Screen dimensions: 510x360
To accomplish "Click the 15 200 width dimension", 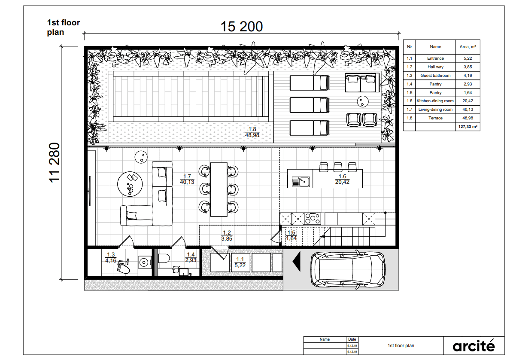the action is [x=241, y=27].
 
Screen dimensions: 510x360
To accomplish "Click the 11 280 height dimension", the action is [x=55, y=162].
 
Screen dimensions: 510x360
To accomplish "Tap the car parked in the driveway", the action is [x=348, y=269].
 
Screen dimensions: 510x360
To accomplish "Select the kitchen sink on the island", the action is [x=301, y=182].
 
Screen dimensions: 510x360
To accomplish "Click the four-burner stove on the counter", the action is [x=313, y=218].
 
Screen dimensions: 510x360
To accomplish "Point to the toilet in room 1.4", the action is [x=164, y=259].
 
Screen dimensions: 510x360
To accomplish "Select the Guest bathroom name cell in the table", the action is [x=435, y=76].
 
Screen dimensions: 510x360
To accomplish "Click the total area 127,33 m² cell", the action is [x=468, y=127].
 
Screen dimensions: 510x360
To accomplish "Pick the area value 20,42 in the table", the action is [x=468, y=101].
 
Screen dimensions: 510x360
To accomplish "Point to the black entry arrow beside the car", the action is [x=297, y=261].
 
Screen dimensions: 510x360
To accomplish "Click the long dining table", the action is [x=219, y=189].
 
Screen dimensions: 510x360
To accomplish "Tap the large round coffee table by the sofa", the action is [x=130, y=184].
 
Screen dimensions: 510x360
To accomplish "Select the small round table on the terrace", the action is [x=363, y=101].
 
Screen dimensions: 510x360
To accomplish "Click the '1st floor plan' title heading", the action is [x=64, y=27].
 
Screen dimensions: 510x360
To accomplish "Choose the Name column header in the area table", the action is [x=435, y=47].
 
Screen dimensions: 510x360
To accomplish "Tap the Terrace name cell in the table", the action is [x=435, y=118].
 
